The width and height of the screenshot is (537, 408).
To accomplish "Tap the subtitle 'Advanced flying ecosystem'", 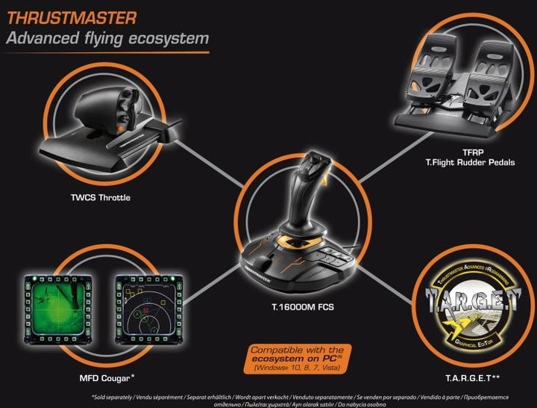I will (107, 37).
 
